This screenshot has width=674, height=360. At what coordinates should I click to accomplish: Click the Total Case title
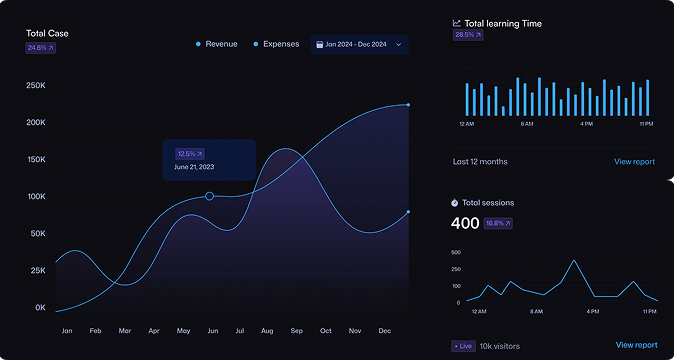(47, 33)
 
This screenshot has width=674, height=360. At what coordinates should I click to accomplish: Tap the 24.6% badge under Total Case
(40, 48)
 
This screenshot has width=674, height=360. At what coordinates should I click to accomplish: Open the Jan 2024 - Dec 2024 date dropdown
(359, 44)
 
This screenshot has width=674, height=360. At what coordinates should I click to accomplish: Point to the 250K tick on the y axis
(36, 86)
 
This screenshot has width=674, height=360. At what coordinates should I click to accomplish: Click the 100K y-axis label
(36, 197)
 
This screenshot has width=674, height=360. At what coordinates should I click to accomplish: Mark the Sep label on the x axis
(297, 330)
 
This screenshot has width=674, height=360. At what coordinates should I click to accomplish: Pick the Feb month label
(96, 330)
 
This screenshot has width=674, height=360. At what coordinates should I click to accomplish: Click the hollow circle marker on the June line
(209, 196)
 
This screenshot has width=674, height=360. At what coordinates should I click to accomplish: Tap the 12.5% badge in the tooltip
(189, 154)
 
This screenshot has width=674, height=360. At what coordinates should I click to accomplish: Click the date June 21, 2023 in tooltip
(194, 167)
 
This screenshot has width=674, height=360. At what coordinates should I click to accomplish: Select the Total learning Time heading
(503, 23)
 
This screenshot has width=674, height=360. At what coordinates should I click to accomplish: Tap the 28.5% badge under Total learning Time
(468, 35)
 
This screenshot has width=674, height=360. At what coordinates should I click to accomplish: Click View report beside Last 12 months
(635, 161)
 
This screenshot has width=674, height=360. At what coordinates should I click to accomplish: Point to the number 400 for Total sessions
(465, 223)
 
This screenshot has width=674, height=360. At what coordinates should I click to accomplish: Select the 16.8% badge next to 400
(498, 223)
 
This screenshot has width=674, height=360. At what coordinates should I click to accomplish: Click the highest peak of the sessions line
(574, 260)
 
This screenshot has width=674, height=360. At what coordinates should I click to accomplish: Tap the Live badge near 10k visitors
(463, 346)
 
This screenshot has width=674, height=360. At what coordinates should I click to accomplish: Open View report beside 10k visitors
(636, 345)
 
